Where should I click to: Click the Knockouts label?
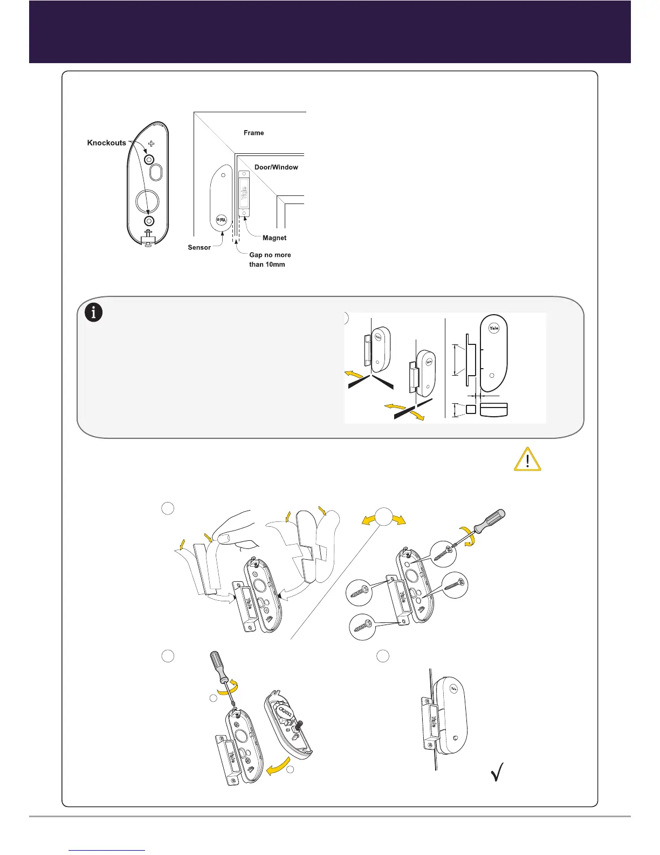point(107,143)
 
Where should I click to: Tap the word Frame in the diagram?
point(253,133)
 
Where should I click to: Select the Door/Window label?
point(276,167)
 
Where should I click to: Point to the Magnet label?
point(274,238)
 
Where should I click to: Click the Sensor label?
point(199,248)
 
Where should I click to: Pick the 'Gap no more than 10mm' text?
point(270,260)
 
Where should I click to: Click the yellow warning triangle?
point(527,460)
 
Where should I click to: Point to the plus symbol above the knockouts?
point(151,144)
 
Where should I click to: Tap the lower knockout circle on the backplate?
point(149,221)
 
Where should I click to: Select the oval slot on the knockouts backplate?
point(156,173)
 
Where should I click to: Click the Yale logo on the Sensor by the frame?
point(221,221)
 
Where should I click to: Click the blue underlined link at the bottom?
point(107,850)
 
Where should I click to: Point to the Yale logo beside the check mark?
point(453,688)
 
